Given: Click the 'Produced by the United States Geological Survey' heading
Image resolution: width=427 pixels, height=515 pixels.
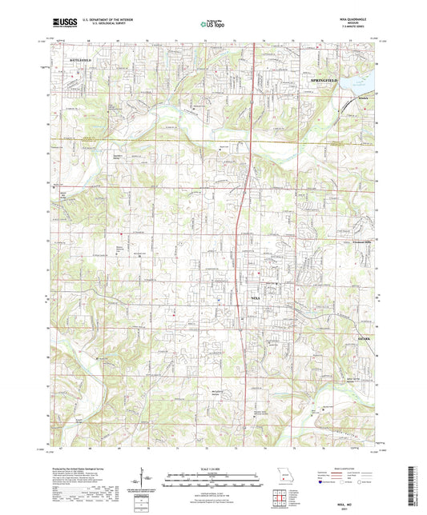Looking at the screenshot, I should point(81,465).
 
